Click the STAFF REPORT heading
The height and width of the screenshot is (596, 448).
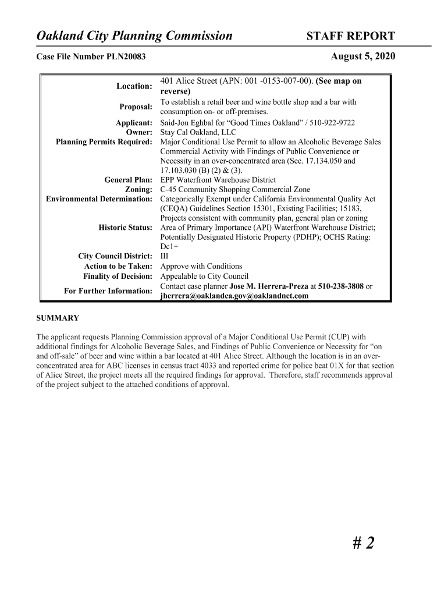click(350, 37)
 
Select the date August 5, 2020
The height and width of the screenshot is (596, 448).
click(362, 56)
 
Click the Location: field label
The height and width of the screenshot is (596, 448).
click(134, 86)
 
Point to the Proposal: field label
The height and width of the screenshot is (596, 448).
click(136, 107)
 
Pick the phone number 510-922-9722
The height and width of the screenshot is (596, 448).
click(331, 123)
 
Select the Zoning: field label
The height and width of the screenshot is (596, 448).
click(138, 190)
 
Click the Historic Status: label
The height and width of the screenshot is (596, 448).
click(125, 228)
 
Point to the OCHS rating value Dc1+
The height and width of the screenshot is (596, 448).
click(169, 247)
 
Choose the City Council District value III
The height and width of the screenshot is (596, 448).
click(164, 257)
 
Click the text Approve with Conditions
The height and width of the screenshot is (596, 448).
click(193, 267)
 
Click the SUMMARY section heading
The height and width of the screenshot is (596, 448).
click(58, 318)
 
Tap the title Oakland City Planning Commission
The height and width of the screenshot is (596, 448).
click(134, 37)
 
